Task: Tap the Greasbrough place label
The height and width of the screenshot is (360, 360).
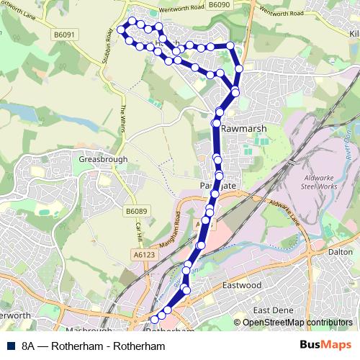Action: click(104, 158)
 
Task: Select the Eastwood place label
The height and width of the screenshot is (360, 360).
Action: click(241, 285)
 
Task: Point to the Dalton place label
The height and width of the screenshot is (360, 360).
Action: click(341, 253)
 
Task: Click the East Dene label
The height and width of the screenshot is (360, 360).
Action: click(271, 310)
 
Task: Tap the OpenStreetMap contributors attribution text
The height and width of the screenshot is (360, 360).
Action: click(297, 323)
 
